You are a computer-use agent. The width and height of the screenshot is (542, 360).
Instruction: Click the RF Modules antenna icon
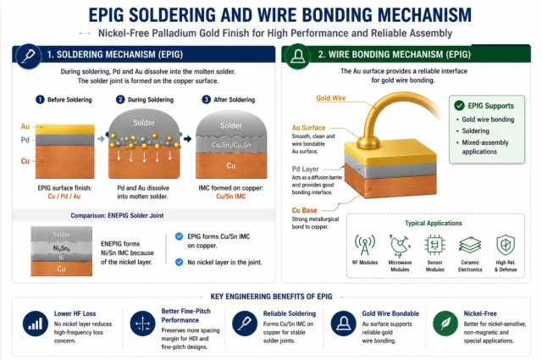(365, 245)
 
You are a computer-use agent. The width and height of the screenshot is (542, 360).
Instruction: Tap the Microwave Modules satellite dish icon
(400, 246)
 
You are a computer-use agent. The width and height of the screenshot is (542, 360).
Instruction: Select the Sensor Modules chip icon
(434, 245)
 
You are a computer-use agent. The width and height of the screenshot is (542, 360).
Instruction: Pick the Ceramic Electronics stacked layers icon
(470, 245)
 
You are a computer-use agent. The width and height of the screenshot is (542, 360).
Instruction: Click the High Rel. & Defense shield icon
(506, 245)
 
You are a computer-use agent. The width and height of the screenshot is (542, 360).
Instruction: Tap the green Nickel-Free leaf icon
(445, 324)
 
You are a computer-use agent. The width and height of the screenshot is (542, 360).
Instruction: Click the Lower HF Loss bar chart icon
(36, 324)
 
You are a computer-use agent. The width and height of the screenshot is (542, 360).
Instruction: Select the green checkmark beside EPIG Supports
(459, 106)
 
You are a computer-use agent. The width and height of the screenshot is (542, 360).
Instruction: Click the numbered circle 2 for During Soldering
(120, 100)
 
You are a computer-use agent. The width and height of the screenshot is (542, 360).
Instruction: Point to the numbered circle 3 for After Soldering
(206, 100)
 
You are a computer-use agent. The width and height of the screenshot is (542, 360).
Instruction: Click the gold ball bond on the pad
(368, 142)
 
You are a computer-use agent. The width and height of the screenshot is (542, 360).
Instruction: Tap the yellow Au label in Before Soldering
(25, 126)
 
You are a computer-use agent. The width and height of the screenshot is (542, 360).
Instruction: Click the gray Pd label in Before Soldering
(25, 140)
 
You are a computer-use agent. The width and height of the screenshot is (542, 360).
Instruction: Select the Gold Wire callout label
(331, 98)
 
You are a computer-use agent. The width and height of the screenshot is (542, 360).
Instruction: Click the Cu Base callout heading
(305, 210)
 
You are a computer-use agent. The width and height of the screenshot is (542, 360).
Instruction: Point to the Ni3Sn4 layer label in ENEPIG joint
(62, 248)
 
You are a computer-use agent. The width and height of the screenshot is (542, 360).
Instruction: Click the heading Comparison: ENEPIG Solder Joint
(117, 215)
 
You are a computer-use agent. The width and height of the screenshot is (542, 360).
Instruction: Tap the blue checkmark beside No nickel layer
(179, 262)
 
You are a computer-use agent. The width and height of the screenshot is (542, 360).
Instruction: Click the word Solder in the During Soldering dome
(144, 123)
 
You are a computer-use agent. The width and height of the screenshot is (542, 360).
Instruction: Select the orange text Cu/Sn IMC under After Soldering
(231, 197)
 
